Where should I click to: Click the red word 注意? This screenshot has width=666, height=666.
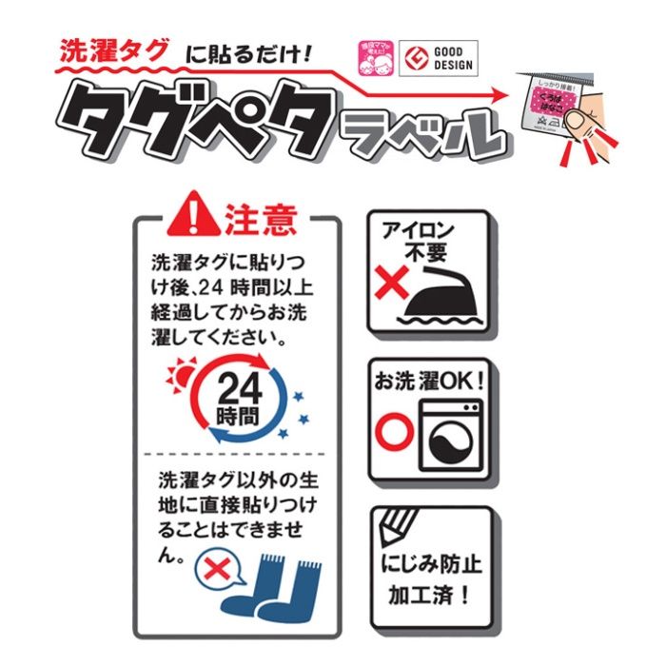pyautogui.click(x=261, y=220)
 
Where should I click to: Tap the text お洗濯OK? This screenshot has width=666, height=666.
pyautogui.click(x=430, y=380)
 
